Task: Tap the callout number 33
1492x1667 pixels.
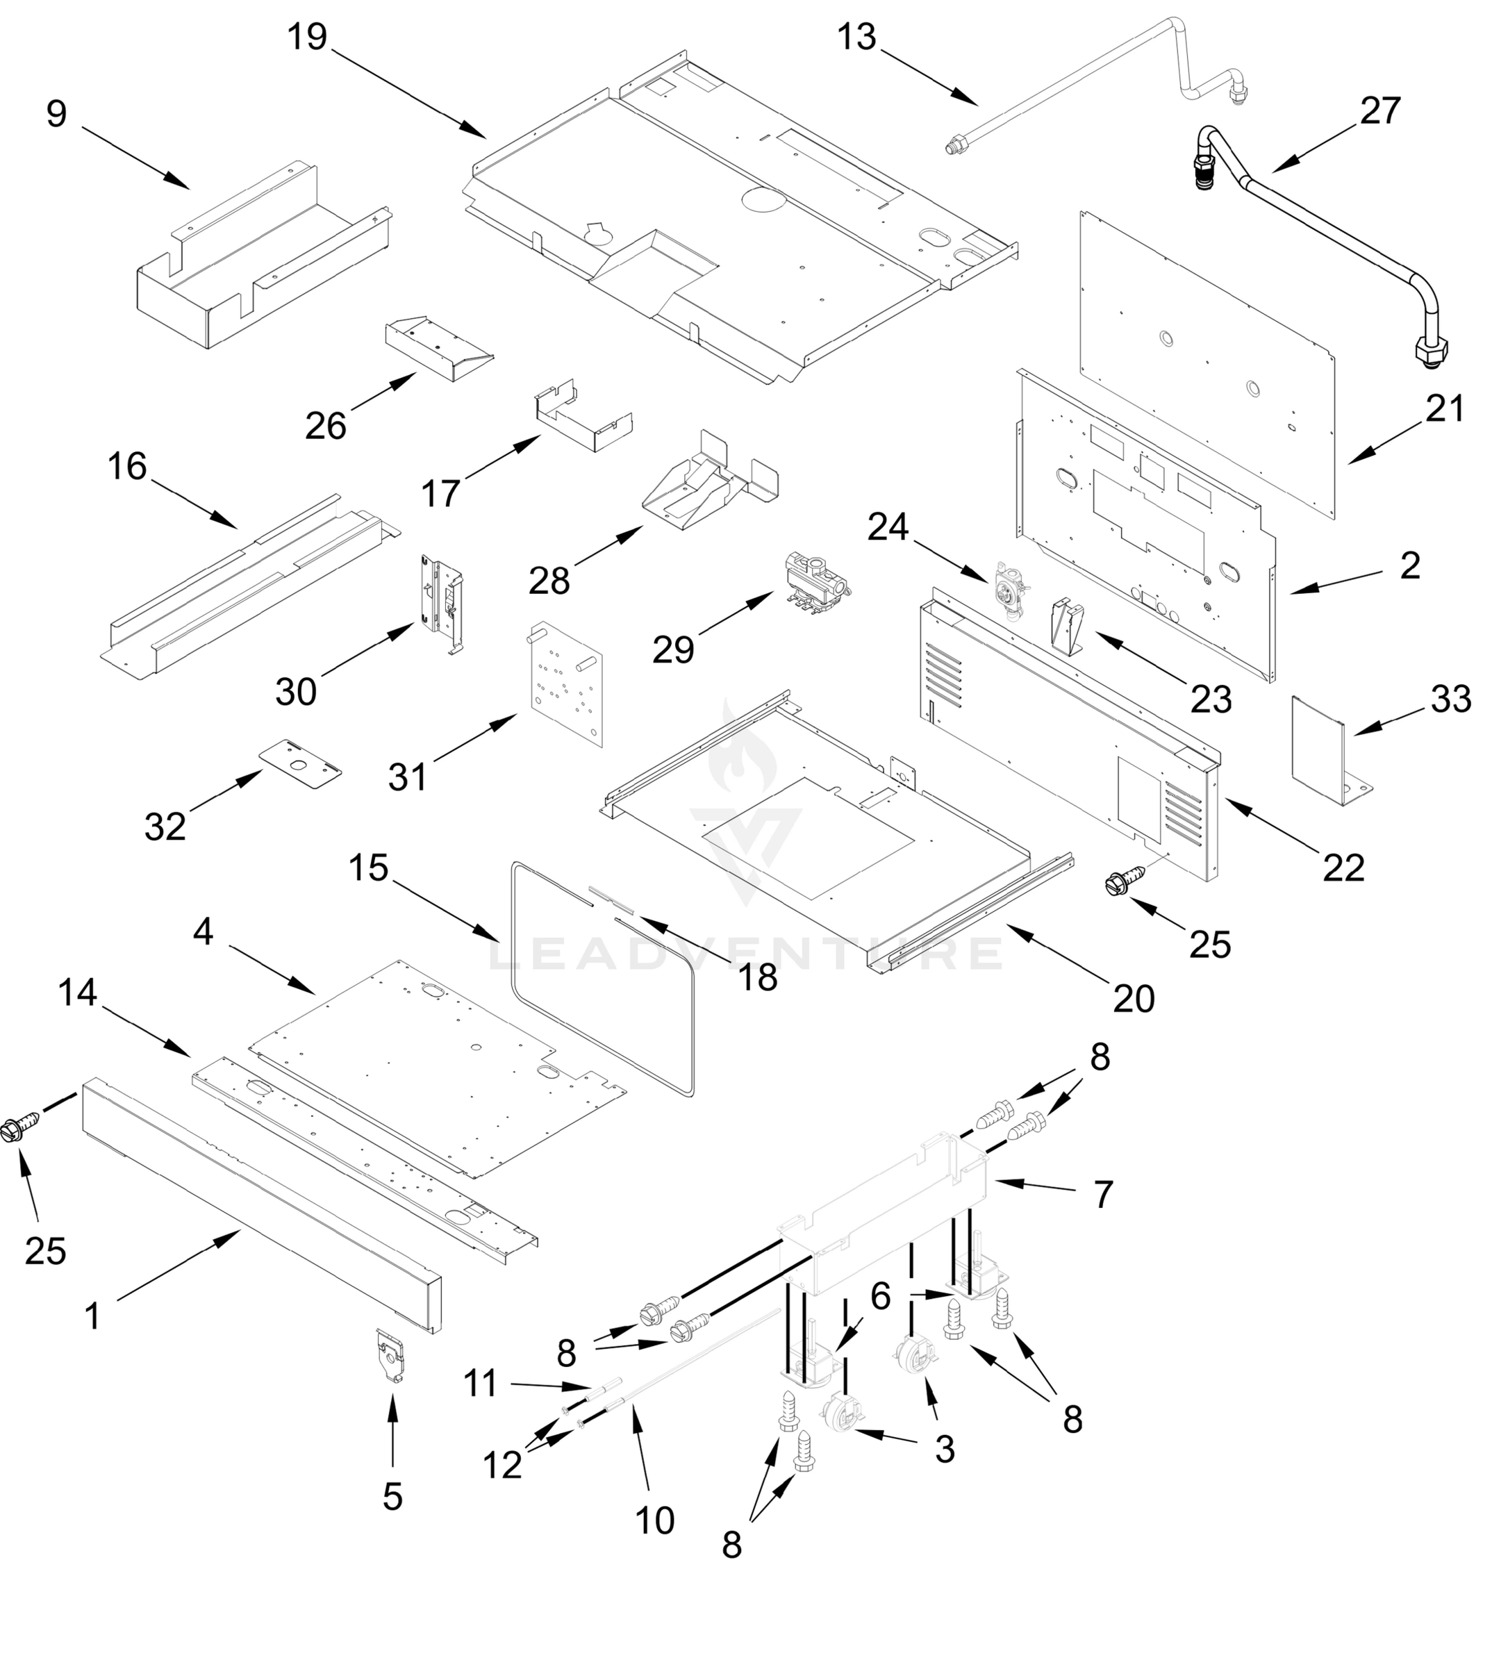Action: click(x=1451, y=699)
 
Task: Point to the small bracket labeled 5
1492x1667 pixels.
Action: click(x=392, y=1356)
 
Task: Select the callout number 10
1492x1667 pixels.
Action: click(x=654, y=1520)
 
